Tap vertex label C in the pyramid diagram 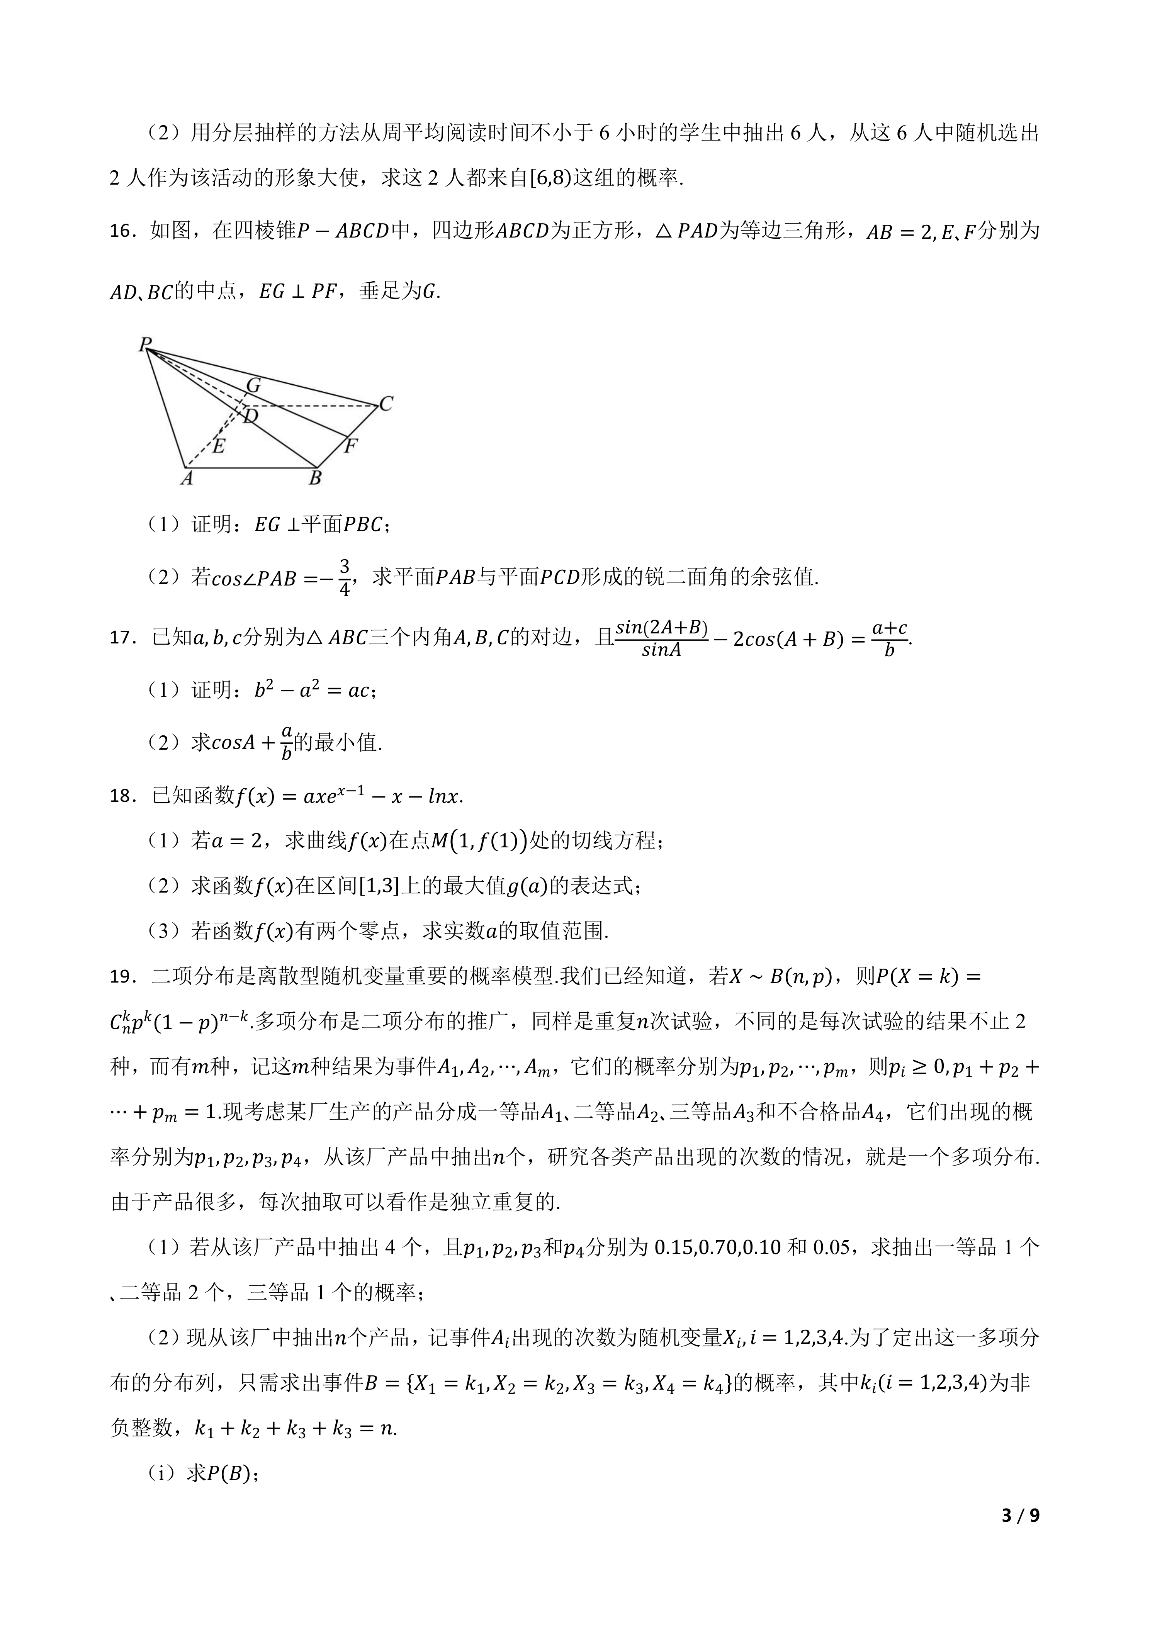pos(386,404)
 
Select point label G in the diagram pos(253,386)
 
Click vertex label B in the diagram pos(315,479)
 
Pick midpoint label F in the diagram pos(350,446)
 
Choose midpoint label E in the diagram pos(218,446)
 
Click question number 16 pos(122,232)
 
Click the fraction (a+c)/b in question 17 pos(889,638)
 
